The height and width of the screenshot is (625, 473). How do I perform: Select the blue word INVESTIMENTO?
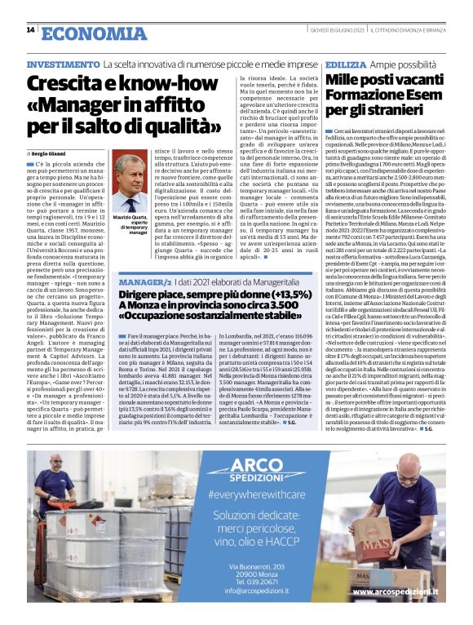[x=62, y=64]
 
